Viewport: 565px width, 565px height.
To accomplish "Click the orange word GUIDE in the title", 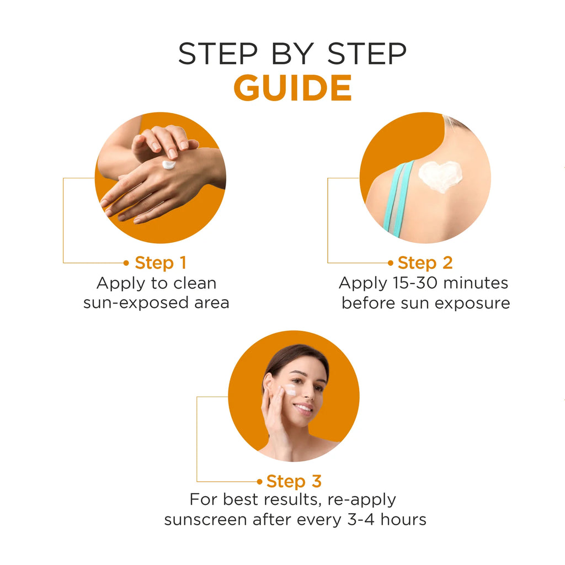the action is (292, 88).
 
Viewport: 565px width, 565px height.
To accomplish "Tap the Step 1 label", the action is (161, 263).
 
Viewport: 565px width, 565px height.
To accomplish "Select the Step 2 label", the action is (425, 263).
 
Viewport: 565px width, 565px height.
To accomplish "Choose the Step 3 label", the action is (294, 481).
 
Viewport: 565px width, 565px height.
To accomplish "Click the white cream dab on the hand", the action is (169, 164).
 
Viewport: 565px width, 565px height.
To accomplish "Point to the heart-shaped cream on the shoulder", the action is (440, 176).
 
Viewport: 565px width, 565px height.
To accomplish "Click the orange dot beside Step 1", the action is (126, 263).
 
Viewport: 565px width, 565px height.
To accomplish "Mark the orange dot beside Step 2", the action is (391, 263).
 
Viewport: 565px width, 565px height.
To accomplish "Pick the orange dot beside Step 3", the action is (259, 481).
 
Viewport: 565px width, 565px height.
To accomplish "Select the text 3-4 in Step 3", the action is (361, 520).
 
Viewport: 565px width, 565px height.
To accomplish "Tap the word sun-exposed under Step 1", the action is (136, 303).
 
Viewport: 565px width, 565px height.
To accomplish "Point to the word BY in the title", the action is (292, 54).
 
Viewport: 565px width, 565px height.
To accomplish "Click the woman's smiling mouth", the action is (303, 408).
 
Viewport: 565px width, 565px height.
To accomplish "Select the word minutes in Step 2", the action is (476, 283).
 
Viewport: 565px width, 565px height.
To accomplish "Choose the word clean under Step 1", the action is (195, 283).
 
